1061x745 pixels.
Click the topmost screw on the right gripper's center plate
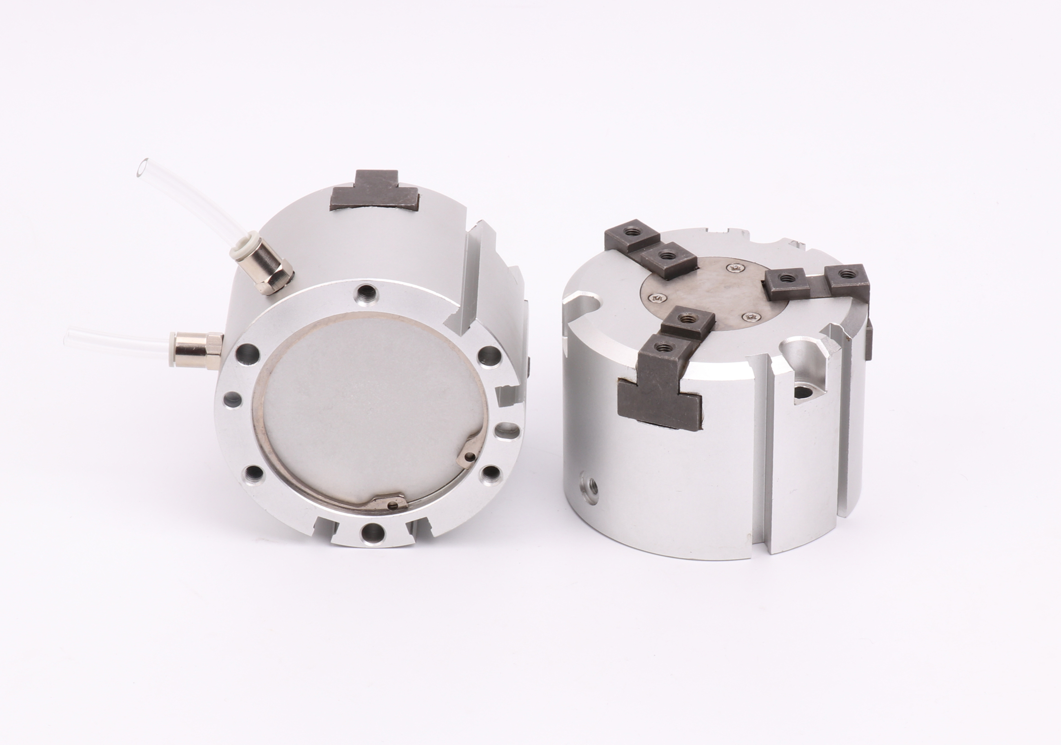[x=735, y=269]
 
